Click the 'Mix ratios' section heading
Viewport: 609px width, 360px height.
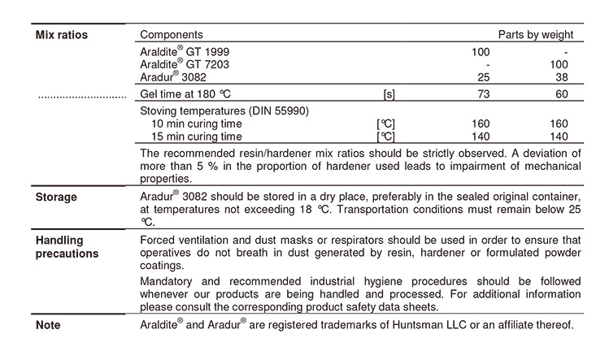pyautogui.click(x=61, y=35)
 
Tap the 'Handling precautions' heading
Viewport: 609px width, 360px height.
pyautogui.click(x=67, y=246)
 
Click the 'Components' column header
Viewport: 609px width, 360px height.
pyautogui.click(x=172, y=35)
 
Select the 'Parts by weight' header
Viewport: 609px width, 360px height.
pyautogui.click(x=536, y=35)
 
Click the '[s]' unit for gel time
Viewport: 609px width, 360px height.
pyautogui.click(x=389, y=95)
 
